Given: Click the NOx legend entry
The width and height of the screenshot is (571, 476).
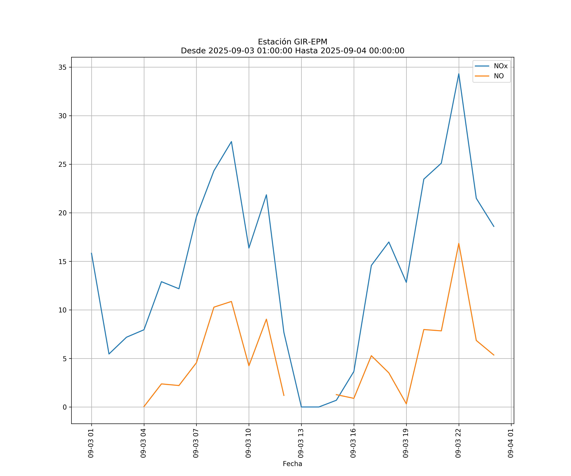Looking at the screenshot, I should coord(500,66).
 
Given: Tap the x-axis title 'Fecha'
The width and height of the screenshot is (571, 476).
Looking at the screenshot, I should coord(292,464).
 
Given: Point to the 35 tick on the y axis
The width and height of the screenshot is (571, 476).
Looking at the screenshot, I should coord(62,67).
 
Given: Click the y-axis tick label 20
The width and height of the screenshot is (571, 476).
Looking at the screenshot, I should coord(62,213).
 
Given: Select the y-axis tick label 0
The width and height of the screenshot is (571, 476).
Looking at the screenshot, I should coord(65,407).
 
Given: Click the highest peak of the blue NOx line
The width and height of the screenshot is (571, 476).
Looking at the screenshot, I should coord(459,74).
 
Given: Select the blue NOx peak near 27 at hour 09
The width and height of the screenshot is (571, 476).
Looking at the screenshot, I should coord(231,142).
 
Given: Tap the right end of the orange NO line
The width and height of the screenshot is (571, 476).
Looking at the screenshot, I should coord(494,355).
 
